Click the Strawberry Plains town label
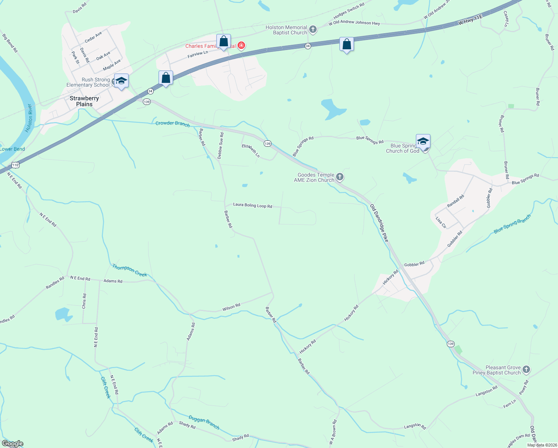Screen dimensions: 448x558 84,101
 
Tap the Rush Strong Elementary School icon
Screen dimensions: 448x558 121,81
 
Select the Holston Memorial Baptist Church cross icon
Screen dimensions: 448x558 313,29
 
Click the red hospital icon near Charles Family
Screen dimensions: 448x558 241,46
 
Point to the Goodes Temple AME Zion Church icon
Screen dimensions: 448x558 339,177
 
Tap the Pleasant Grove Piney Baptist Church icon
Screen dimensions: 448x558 526,370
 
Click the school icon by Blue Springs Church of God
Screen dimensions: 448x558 423,141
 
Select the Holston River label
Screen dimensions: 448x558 29,118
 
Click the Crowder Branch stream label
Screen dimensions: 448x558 172,123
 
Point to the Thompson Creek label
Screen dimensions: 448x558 130,271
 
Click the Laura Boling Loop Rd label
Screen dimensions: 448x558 253,205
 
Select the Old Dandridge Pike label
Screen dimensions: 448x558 379,223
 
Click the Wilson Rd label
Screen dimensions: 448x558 231,308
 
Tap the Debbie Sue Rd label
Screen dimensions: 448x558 220,146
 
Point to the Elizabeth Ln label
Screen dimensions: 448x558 251,150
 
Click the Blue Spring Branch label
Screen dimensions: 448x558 512,224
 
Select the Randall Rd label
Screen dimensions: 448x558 455,201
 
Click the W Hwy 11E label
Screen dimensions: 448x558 470,20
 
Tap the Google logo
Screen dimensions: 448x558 13,444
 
